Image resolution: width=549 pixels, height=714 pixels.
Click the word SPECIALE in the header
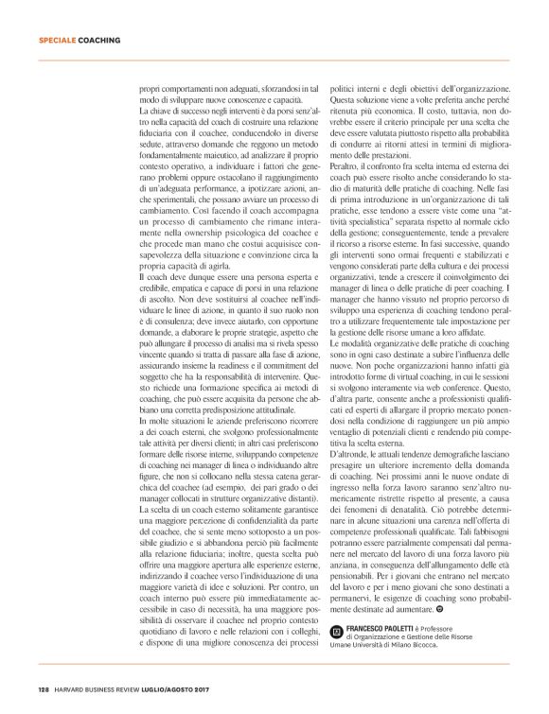point(57,41)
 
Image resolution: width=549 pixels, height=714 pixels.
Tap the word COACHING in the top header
point(99,41)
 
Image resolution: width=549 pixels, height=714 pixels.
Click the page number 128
point(44,688)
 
